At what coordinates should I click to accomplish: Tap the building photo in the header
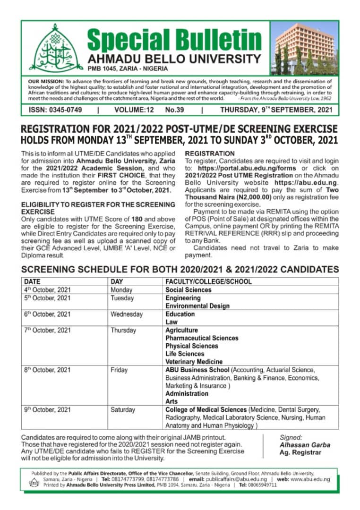click(304, 48)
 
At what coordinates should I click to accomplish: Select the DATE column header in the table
click(33, 282)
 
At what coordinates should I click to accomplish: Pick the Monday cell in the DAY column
click(121, 290)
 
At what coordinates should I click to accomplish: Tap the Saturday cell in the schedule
click(123, 410)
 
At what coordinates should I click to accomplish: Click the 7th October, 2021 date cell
click(47, 331)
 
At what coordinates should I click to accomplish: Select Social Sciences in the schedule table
click(189, 290)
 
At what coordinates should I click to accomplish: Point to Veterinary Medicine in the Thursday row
click(194, 362)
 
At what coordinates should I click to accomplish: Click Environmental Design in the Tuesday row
click(197, 306)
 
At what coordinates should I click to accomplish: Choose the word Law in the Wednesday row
click(171, 322)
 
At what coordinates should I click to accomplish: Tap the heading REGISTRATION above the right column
click(210, 153)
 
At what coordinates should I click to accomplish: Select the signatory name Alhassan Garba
click(305, 445)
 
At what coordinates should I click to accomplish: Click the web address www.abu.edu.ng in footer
click(310, 478)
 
